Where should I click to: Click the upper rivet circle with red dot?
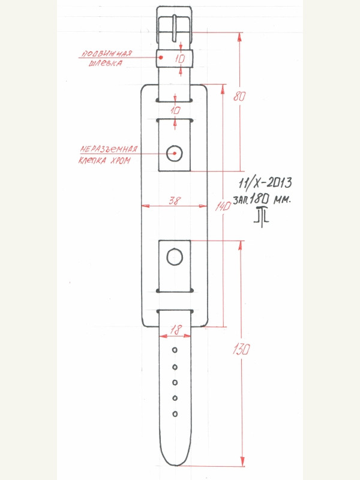tap(175, 153)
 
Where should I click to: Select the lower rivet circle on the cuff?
tap(175, 257)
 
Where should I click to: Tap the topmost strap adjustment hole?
tap(175, 350)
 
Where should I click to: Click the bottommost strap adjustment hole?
tap(175, 413)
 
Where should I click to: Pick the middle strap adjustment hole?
tap(175, 382)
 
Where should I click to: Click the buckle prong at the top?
tap(175, 27)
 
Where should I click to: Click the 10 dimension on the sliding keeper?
tap(180, 58)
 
